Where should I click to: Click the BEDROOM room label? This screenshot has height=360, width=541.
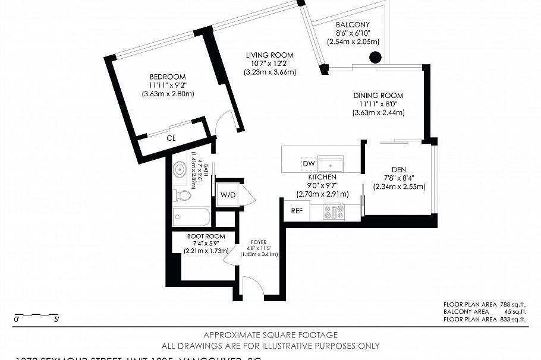pos(168,77)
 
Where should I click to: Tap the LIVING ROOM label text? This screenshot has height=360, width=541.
pos(270,55)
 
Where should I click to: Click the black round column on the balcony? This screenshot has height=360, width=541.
pos(376,58)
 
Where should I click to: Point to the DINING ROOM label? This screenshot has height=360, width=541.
pos(378,96)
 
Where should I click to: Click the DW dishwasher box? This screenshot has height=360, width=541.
pos(309,163)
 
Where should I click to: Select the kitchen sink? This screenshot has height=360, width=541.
pos(331,163)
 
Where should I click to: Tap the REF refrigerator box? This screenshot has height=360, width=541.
pos(297,211)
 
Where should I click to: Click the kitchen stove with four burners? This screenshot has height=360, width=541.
pos(334,211)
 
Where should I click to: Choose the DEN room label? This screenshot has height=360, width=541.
pos(399,169)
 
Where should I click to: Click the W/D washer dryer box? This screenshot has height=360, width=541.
pos(228,194)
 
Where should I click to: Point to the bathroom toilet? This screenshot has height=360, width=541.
pos(183,195)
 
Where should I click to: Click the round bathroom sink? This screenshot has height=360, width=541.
pos(180,169)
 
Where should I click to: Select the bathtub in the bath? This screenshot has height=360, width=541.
pos(191,217)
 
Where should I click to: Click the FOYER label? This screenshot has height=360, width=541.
pos(259,242)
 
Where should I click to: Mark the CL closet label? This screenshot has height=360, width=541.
pos(171,138)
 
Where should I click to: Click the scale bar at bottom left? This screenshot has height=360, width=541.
pos(36,314)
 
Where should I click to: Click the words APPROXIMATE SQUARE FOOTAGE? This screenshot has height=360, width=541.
pos(270,335)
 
